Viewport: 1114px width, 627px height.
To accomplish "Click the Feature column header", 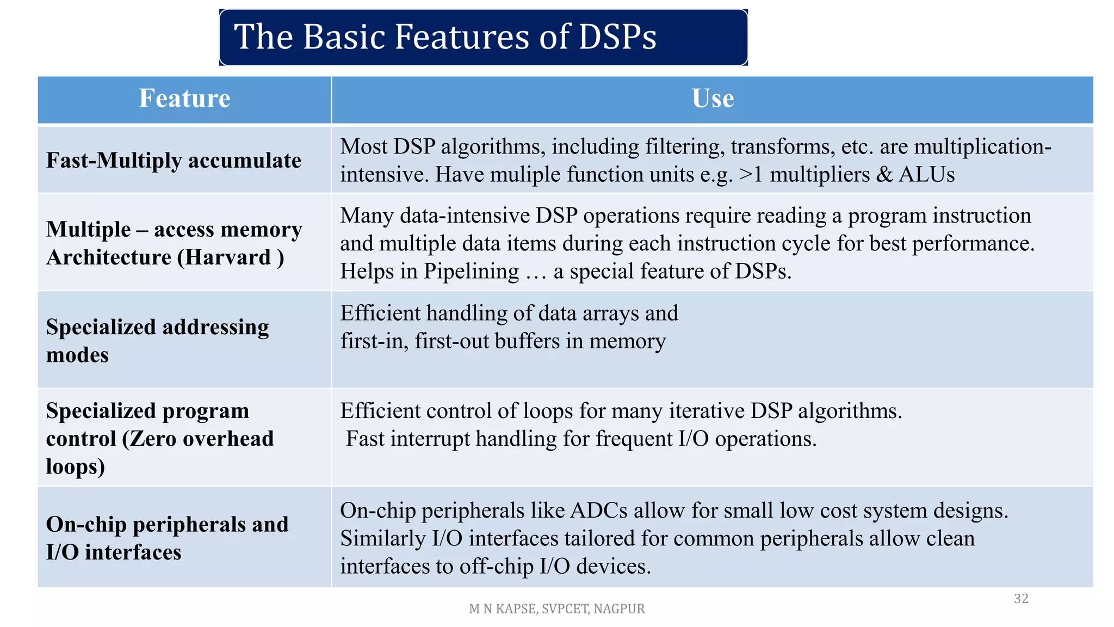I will pyautogui.click(x=184, y=99).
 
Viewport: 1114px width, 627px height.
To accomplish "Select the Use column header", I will pyautogui.click(x=713, y=99).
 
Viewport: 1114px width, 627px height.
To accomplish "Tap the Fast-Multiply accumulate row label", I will pyautogui.click(x=174, y=161).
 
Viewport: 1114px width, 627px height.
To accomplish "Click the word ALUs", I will pyautogui.click(x=926, y=175).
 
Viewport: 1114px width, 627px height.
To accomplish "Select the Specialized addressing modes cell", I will pyautogui.click(x=157, y=341).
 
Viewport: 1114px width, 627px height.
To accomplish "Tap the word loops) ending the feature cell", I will pyautogui.click(x=75, y=467).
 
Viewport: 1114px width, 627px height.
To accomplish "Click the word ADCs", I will pyautogui.click(x=599, y=511).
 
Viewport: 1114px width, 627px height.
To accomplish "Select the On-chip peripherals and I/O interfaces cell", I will pyautogui.click(x=167, y=538).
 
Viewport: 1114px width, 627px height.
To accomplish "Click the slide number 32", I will pyautogui.click(x=1021, y=599).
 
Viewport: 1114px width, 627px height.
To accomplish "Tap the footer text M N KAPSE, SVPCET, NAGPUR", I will pyautogui.click(x=556, y=609).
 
